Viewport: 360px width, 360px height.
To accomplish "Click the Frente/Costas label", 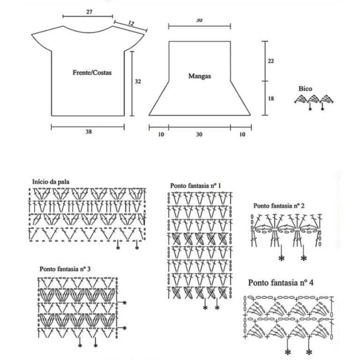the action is point(92,73).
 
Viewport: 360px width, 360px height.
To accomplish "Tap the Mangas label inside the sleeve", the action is point(200,76).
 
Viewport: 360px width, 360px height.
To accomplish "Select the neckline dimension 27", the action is point(90,12).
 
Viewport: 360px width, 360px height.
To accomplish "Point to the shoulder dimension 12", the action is point(131,23).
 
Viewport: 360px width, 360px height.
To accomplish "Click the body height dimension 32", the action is point(138,82).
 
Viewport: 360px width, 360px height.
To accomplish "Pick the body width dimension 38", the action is point(89,131).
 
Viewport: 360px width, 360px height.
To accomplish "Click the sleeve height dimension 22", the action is point(271,61).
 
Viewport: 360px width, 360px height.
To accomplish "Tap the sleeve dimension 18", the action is point(271,99).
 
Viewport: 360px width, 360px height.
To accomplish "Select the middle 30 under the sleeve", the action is point(199,134).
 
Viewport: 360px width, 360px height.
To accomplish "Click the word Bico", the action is point(305,89).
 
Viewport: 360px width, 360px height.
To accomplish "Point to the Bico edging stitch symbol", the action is point(314,100).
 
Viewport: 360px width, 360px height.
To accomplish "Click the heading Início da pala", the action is point(51,182).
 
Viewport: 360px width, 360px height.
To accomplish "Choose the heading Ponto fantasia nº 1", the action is point(195,185).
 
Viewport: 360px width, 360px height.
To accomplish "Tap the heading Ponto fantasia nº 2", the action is point(279,206).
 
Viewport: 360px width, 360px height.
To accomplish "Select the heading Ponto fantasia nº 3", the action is point(65,269).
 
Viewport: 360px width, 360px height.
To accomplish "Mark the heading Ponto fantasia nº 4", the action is point(281,283).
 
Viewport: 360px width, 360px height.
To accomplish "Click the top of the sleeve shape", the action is point(200,41).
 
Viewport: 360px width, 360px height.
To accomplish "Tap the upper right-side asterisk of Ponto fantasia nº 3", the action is point(125,303).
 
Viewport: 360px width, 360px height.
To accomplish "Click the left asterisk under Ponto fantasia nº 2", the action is point(281,258).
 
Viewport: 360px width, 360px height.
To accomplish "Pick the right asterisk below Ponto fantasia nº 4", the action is point(309,352).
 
